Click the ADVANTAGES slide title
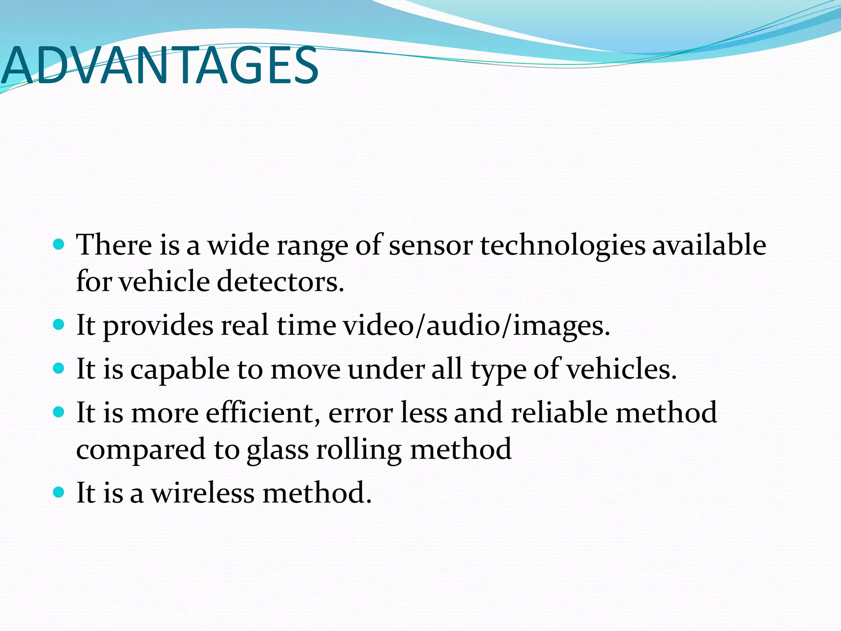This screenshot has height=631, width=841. coord(160,66)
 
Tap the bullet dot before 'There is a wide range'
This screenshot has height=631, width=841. coord(59,245)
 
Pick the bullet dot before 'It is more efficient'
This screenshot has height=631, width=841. coord(59,412)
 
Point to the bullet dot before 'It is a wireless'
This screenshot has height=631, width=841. coord(59,492)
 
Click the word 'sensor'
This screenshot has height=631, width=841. coord(431,246)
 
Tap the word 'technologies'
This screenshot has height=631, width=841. coord(563,246)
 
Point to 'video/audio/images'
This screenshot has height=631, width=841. coord(476,325)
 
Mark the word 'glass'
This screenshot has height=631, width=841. coord(278,450)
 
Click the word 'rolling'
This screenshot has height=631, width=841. coord(359,450)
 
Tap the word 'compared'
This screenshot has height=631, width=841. coord(141,450)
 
